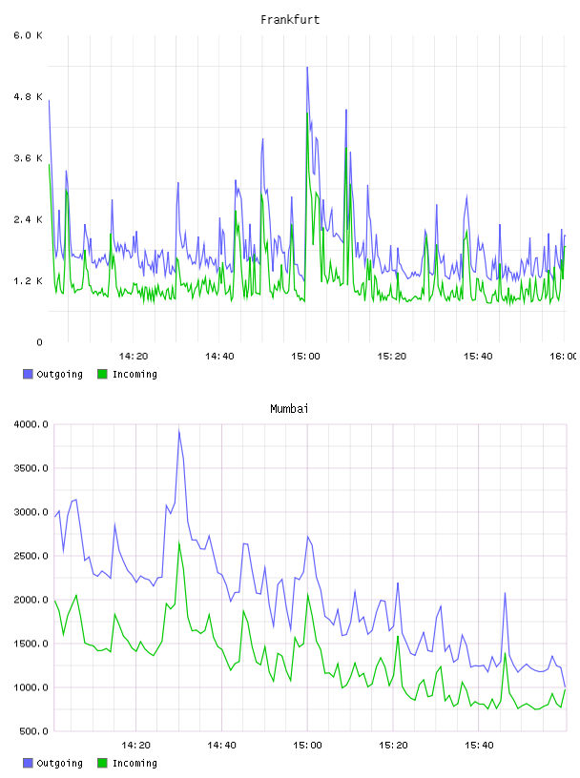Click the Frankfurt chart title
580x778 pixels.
290,20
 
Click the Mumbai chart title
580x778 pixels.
289,409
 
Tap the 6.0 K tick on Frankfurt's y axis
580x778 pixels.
29,35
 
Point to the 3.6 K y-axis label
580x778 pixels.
29,158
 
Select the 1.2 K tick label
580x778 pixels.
29,281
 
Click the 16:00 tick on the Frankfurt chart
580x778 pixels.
564,357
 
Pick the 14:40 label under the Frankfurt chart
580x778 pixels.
219,357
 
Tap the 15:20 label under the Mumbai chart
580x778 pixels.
393,746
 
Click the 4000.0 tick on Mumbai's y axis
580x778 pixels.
31,424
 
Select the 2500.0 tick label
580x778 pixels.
31,556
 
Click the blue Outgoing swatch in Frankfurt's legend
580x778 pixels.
28,374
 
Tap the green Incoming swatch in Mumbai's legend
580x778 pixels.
102,763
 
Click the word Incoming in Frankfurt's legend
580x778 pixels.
135,375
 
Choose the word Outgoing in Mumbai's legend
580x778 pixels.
59,764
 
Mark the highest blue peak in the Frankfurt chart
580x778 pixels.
307,67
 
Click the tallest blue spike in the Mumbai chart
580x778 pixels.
179,431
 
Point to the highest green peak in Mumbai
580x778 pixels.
179,542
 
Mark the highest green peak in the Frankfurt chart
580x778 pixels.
307,113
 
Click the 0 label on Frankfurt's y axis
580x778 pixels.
39,342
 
